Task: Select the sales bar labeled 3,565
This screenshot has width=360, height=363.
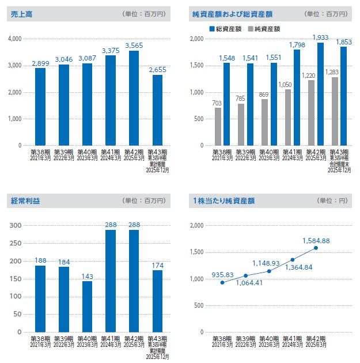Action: click(x=134, y=98)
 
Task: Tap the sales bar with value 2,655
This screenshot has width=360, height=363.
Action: click(x=157, y=110)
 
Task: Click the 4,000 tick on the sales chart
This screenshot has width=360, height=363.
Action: click(x=14, y=39)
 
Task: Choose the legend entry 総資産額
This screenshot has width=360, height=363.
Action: click(x=227, y=28)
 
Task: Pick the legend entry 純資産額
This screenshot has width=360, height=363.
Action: click(x=263, y=28)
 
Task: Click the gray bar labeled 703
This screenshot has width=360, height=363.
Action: click(x=218, y=127)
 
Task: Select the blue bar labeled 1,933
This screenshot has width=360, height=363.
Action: click(x=320, y=94)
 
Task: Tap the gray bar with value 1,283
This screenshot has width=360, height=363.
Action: click(x=334, y=111)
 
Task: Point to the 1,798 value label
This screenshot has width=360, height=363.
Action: click(x=297, y=44)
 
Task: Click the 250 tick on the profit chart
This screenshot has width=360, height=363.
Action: click(x=16, y=243)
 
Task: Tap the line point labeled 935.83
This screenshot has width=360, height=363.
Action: click(x=222, y=282)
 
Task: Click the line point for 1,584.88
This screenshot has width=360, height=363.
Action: click(x=316, y=248)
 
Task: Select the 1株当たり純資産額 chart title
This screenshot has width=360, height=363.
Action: click(x=223, y=201)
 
